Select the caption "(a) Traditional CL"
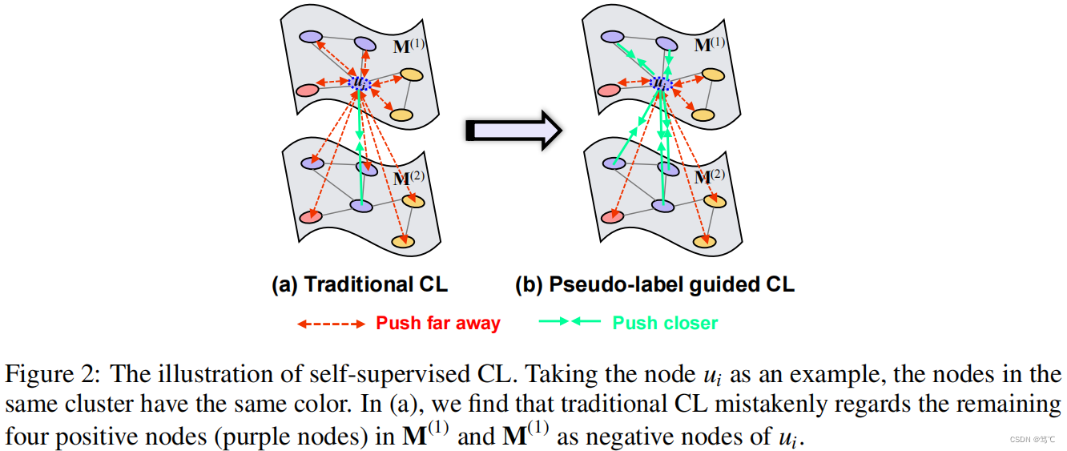coord(360,284)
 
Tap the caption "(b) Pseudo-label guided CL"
coord(654,284)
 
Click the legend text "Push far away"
coord(438,324)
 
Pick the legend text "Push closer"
coord(665,324)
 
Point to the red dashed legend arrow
coord(331,324)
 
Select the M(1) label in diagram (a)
coord(409,46)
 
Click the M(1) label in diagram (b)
coord(709,45)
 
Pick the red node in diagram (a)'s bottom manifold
coord(310,216)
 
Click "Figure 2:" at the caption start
coord(51,374)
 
